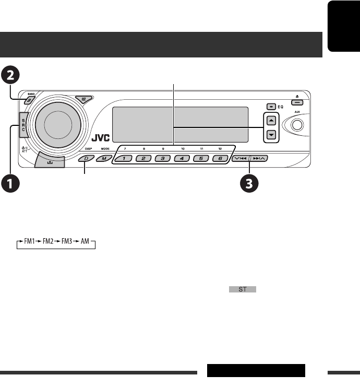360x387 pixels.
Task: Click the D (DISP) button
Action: coord(87,158)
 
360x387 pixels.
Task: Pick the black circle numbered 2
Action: coord(11,76)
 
